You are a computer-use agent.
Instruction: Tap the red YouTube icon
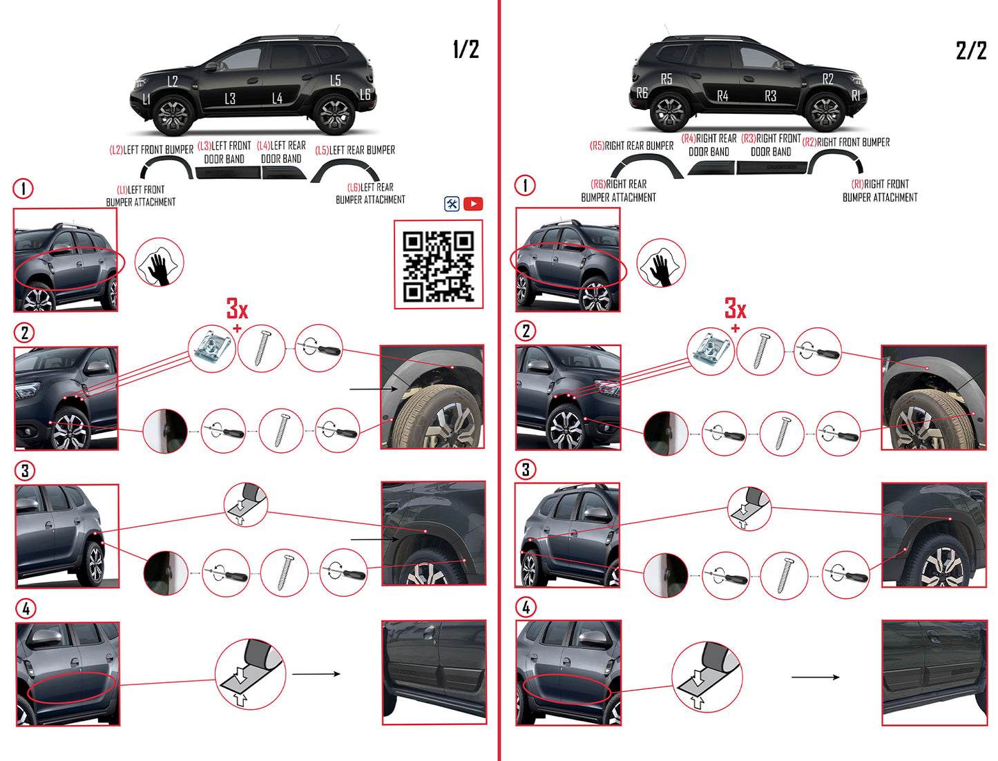click(473, 204)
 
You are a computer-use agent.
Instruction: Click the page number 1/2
click(466, 49)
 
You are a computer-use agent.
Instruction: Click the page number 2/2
click(970, 50)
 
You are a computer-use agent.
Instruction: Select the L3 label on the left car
click(230, 99)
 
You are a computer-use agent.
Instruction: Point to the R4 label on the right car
click(722, 96)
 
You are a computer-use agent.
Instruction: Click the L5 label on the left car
click(335, 80)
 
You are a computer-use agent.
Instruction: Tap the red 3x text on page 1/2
click(237, 308)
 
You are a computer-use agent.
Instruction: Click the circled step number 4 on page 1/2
click(26, 608)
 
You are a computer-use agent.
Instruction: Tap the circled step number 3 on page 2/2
click(526, 470)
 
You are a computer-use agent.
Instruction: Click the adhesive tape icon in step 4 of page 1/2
click(250, 673)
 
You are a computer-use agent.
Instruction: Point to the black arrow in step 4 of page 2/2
click(815, 677)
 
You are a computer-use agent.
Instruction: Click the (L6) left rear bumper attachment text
click(370, 193)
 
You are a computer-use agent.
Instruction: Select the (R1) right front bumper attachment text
click(879, 191)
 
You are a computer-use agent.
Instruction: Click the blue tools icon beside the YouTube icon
click(452, 204)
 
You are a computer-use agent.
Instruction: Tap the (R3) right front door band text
click(771, 145)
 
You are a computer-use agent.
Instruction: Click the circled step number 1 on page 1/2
click(23, 189)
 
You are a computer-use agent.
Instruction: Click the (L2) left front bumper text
click(151, 150)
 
